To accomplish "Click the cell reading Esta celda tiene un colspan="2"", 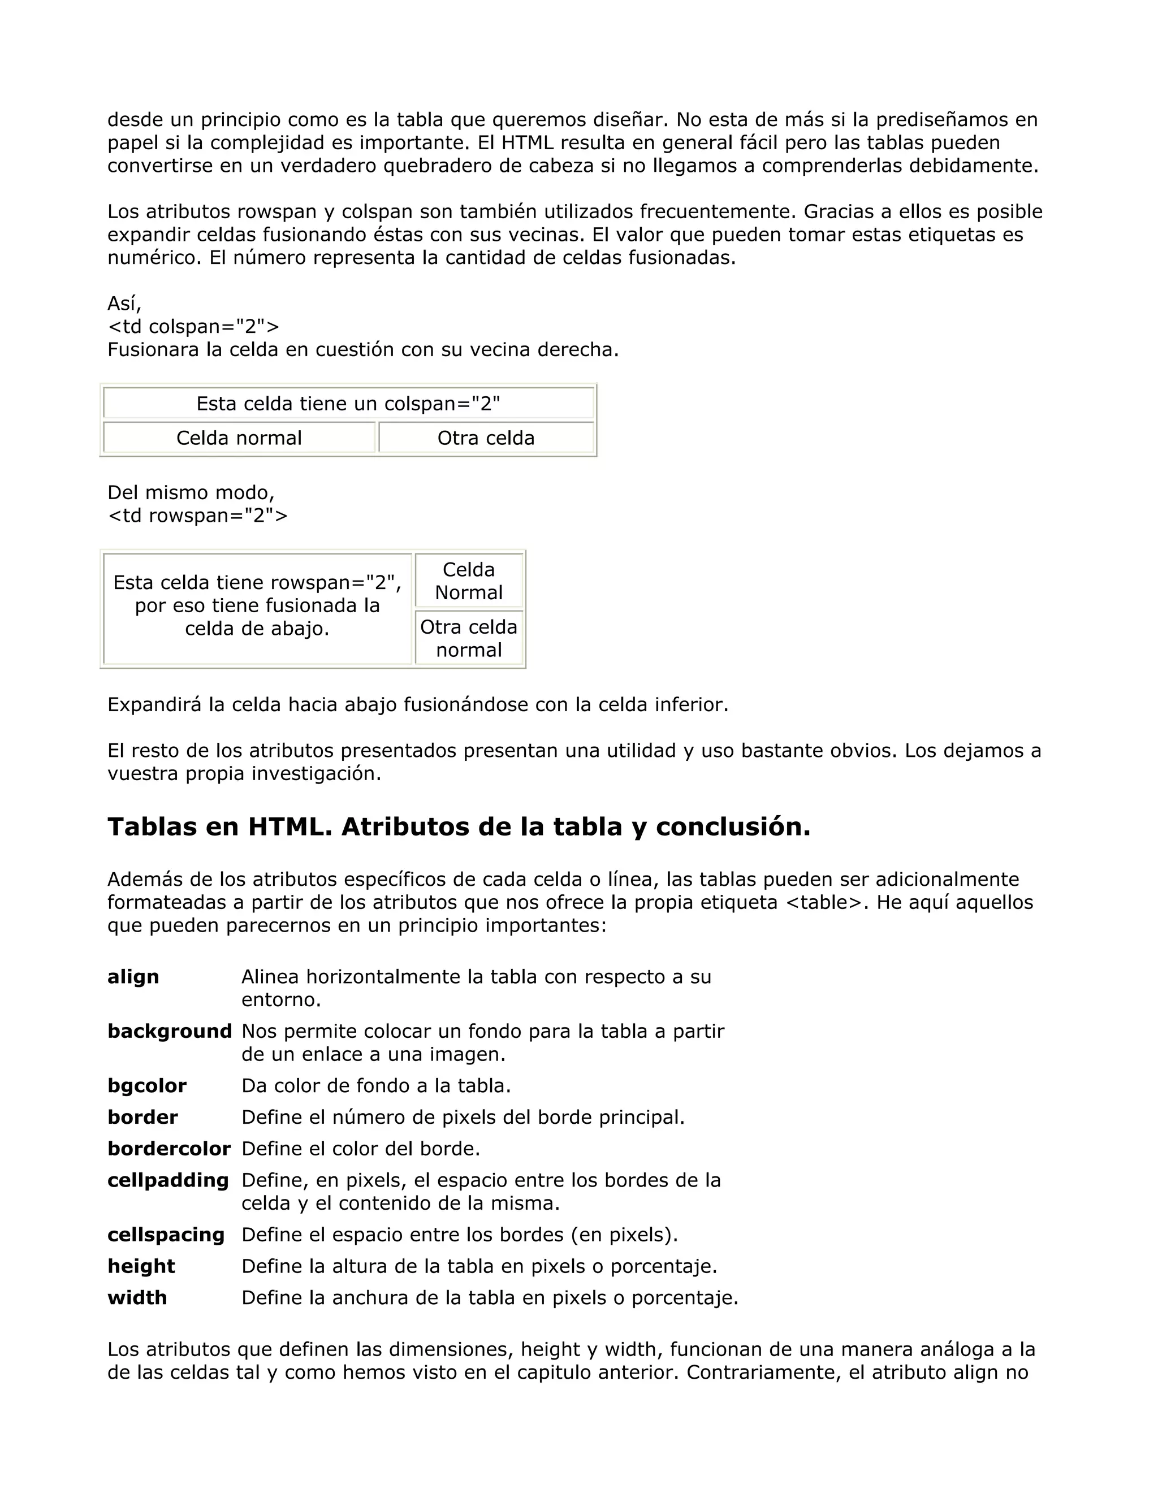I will pos(348,403).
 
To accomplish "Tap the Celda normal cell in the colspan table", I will pos(239,438).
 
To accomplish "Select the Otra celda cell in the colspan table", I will pos(486,438).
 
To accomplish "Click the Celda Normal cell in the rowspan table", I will pos(469,581).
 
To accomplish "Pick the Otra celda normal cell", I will pos(469,639).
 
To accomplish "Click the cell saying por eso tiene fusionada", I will pos(257,605).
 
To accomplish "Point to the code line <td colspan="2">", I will pos(193,327).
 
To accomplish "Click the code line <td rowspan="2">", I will pos(197,515).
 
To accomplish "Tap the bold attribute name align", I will pos(133,977).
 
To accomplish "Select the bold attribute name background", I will pos(170,1031).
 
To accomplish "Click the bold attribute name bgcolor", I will pos(147,1086).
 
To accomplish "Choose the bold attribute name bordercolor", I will pos(168,1149).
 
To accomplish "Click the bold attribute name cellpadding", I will pos(168,1180).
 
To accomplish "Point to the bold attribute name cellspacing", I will pos(166,1235).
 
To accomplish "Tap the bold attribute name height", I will pos(141,1266).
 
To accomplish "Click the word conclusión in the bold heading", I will pos(733,827).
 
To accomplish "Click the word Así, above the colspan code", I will pos(124,303).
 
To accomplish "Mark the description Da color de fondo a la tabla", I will pos(376,1086).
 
